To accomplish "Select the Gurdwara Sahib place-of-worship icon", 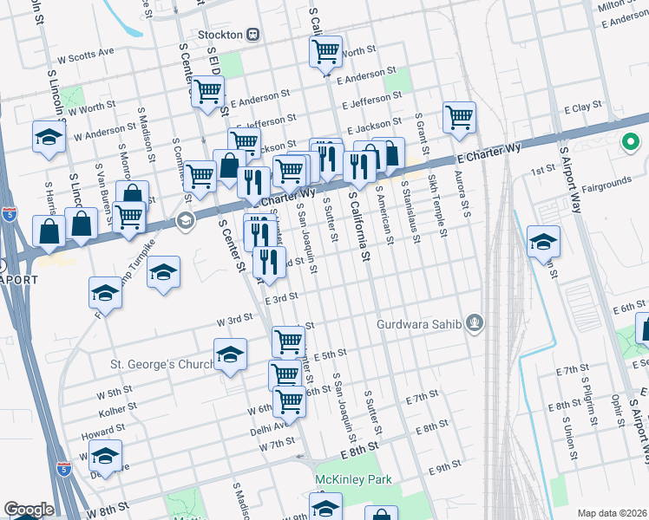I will point(474,325).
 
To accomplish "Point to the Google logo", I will point(29,510).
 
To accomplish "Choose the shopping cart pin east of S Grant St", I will point(458,117).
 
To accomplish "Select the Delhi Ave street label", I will point(271,426).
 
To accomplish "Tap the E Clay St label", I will point(583,109).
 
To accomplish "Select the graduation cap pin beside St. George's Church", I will point(230,354).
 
